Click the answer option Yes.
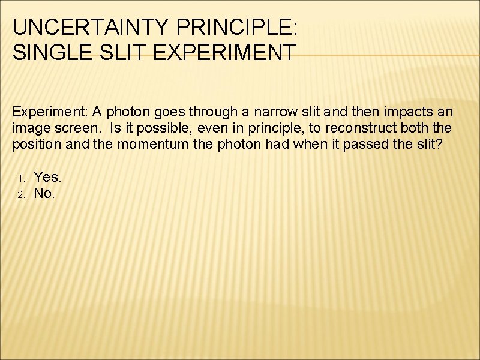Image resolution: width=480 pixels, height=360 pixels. click(47, 177)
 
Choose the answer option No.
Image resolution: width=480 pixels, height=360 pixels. click(44, 193)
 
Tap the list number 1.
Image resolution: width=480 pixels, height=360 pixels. click(20, 178)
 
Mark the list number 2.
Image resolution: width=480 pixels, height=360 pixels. click(20, 194)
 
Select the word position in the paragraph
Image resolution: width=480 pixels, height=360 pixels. click(34, 145)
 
